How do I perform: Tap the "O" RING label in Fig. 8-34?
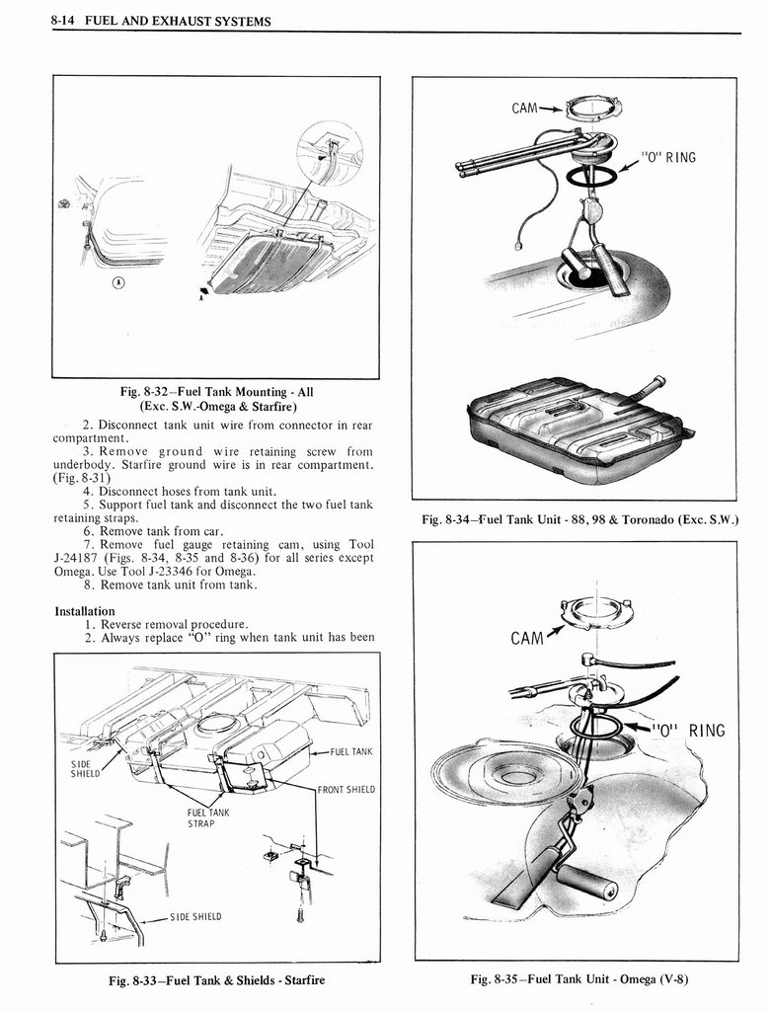tap(668, 156)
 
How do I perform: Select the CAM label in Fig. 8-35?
tap(528, 638)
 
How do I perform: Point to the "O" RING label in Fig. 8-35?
tap(688, 732)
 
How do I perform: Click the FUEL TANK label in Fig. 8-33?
tap(351, 752)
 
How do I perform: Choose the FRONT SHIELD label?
tap(346, 789)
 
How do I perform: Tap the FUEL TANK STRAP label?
tap(208, 818)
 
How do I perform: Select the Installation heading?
tap(85, 611)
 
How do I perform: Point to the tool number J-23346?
tap(196, 572)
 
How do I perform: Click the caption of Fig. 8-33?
tap(216, 980)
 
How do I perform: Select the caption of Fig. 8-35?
tap(578, 979)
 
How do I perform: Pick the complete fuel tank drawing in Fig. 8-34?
tap(577, 427)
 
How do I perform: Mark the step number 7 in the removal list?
tap(88, 545)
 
